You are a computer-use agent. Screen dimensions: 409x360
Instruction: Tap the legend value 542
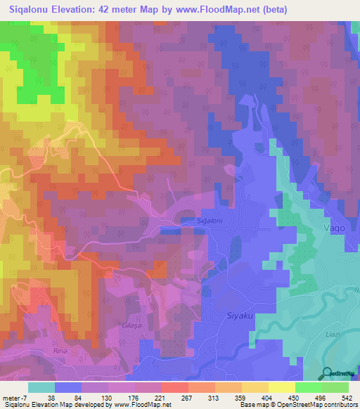click(345, 397)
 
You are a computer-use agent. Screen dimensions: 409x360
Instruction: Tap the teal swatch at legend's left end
click(41, 387)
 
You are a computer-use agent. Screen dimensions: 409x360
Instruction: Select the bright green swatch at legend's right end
click(335, 387)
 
